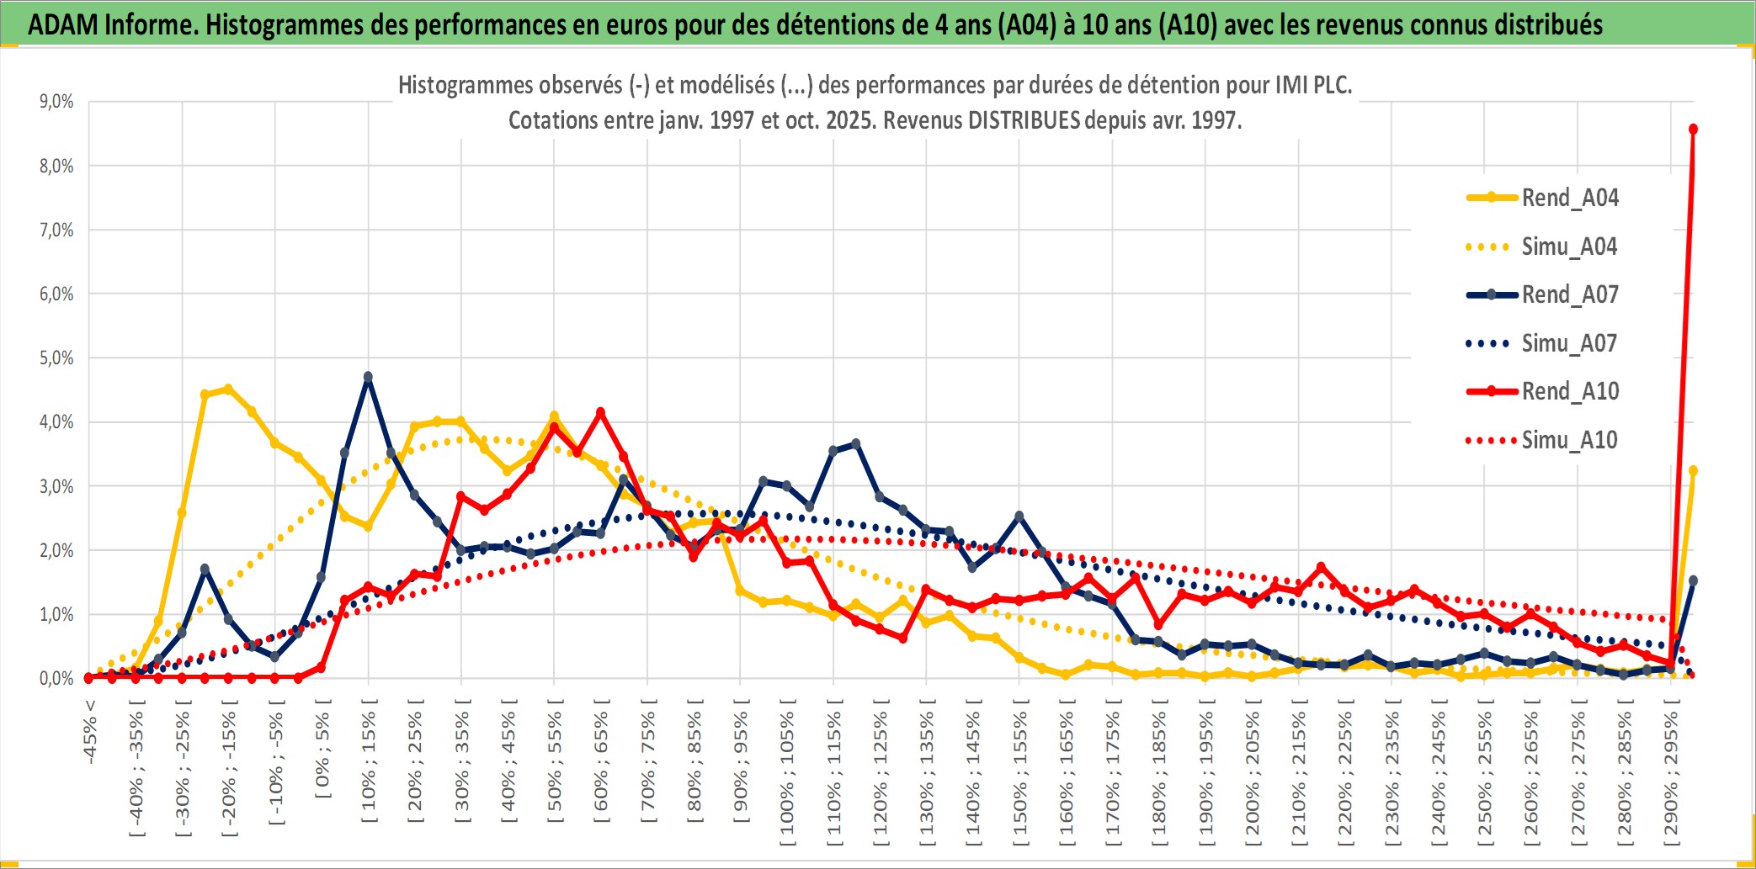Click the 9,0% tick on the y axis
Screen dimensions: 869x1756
(56, 102)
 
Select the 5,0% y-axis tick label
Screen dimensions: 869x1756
(56, 358)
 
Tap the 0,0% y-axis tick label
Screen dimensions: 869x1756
(56, 678)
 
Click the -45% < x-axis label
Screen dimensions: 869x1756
(90, 732)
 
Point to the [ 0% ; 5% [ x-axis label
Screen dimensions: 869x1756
(323, 749)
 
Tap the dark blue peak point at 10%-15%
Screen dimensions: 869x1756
(368, 377)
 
